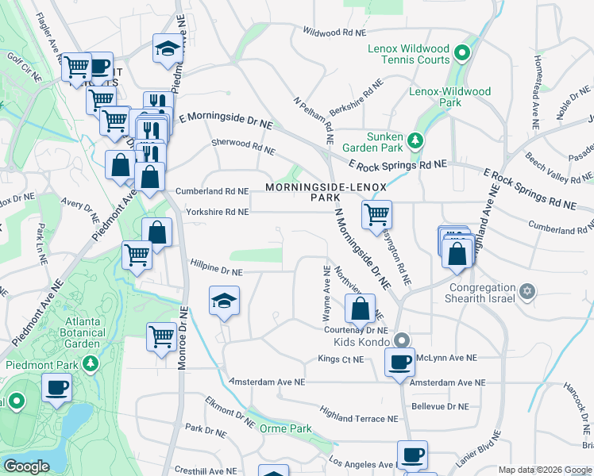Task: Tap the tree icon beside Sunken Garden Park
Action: (414, 140)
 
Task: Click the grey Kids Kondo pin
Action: (403, 340)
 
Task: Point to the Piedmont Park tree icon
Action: (92, 364)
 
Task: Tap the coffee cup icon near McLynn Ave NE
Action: (399, 361)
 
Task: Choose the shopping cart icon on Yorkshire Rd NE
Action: (376, 213)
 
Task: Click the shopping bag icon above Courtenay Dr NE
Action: (360, 307)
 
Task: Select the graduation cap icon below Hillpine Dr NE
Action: (224, 301)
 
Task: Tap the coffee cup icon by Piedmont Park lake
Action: (56, 389)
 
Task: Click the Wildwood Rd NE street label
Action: (334, 32)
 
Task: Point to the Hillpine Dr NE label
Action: (214, 271)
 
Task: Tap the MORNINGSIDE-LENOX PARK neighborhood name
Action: (326, 192)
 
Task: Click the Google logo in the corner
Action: (26, 466)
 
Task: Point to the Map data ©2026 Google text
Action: (545, 470)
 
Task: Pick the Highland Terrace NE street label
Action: (358, 414)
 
